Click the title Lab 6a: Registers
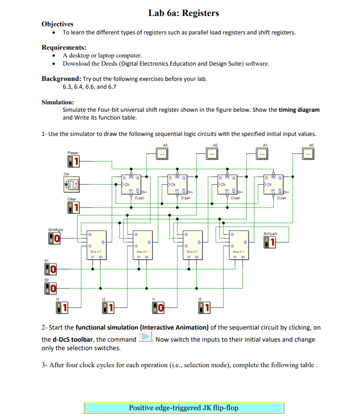tap(184, 13)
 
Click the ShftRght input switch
tap(54, 238)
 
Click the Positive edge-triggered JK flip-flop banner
tap(184, 407)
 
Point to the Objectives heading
tap(57, 24)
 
